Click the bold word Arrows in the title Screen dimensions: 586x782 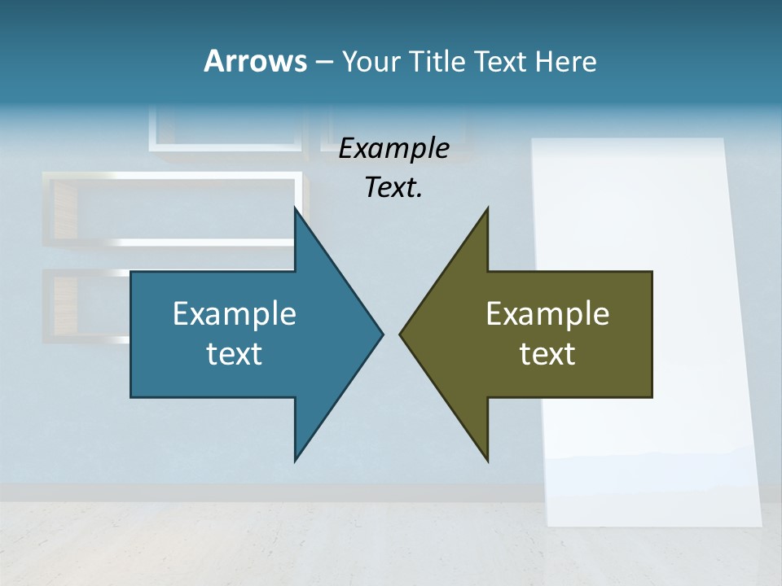pos(254,61)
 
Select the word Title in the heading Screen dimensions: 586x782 pos(437,61)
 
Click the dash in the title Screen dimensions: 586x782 pos(323,62)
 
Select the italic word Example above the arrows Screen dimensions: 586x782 pos(394,149)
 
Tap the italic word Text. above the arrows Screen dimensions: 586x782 pos(393,188)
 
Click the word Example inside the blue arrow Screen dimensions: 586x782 pos(235,313)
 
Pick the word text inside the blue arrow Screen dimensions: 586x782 pos(235,353)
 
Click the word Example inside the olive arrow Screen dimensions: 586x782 pos(547,313)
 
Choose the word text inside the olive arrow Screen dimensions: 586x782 pos(547,353)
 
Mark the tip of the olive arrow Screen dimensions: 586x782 pos(401,334)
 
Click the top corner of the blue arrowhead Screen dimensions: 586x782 pos(295,209)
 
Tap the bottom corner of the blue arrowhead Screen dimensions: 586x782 pos(295,460)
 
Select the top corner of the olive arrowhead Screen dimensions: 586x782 pos(487,209)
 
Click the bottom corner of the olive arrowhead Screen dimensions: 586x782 pos(487,460)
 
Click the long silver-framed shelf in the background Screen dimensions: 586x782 pos(171,208)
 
